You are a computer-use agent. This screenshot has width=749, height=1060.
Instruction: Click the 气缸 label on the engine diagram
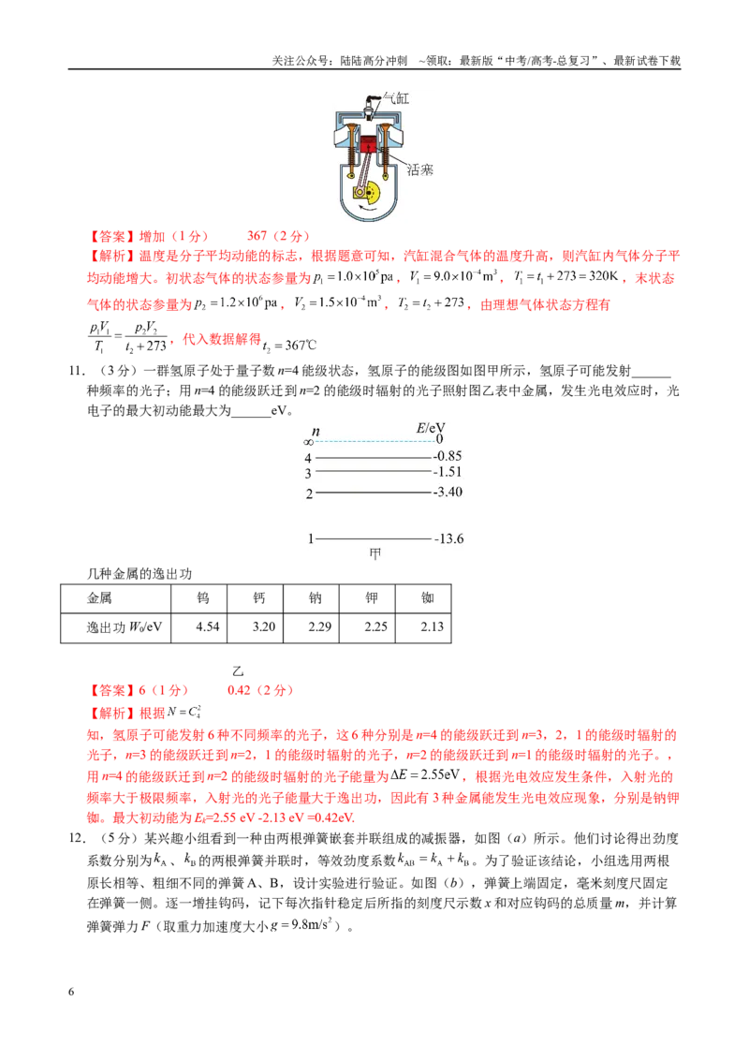tap(396, 98)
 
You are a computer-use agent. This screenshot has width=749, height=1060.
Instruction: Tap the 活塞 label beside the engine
tap(419, 169)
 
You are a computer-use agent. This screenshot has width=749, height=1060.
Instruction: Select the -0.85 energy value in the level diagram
tap(448, 456)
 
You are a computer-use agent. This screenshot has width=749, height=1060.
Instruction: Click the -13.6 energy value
tap(448, 538)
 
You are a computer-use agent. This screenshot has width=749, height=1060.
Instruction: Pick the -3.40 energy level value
tap(448, 492)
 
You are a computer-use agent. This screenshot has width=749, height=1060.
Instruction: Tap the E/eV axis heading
tap(431, 428)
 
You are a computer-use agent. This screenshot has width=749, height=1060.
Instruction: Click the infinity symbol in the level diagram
tap(308, 443)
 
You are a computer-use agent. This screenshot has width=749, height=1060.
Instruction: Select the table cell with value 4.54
tap(208, 626)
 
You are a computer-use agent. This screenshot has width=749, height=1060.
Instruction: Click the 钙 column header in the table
tap(259, 597)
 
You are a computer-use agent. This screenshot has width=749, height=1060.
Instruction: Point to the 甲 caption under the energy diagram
tap(375, 554)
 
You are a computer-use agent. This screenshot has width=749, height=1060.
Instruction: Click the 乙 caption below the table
tap(238, 671)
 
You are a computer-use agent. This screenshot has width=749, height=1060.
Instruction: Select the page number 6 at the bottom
tap(71, 992)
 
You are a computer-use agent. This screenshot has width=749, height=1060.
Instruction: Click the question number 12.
tap(77, 838)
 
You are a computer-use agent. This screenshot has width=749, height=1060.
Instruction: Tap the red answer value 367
tap(257, 236)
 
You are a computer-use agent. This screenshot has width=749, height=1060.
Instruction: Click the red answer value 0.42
tap(240, 690)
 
